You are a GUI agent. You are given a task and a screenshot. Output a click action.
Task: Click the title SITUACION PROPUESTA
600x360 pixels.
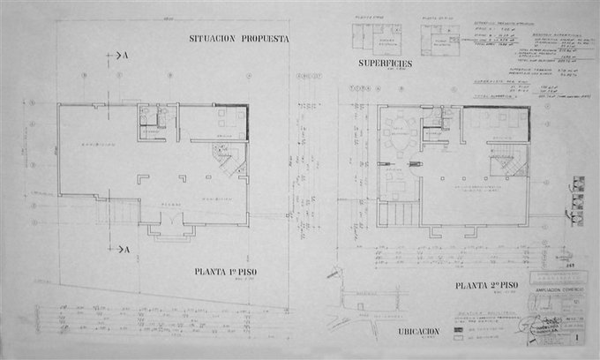point(239,38)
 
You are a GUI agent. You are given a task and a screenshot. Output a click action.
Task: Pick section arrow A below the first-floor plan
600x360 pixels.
point(116,250)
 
